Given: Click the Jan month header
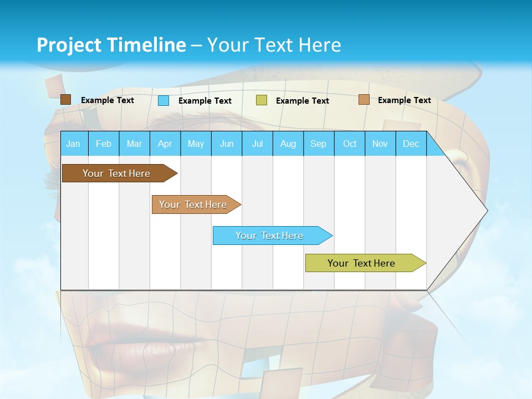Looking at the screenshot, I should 73,144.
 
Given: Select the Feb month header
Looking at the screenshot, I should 104,144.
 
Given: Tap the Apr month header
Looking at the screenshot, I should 165,144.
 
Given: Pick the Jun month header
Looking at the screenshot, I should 227,144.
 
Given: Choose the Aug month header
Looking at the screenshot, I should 288,144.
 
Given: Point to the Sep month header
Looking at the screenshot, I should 318,144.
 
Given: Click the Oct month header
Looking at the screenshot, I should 350,144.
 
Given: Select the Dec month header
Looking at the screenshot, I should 411,144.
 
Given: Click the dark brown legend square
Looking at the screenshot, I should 66,100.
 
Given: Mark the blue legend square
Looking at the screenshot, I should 163,100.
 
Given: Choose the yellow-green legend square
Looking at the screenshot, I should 262,100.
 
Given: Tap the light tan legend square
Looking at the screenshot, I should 364,100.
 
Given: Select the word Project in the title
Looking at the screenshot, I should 69,45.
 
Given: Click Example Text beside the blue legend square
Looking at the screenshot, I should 205,101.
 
